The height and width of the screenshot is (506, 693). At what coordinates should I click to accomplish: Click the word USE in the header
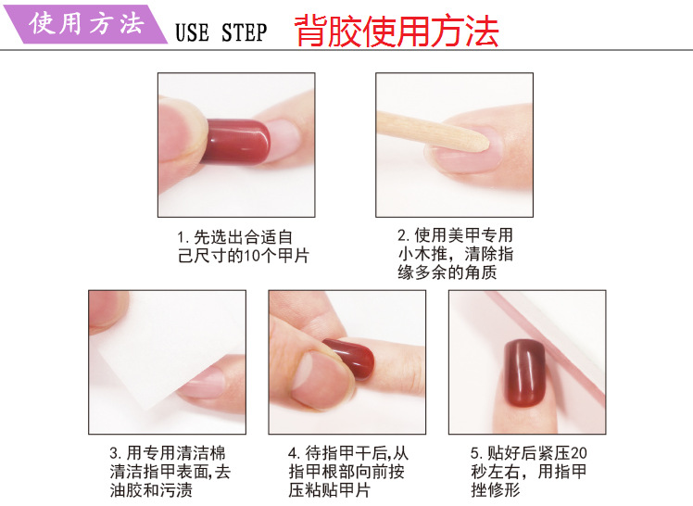coord(194,33)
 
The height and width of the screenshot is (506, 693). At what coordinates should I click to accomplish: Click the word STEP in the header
coord(244,33)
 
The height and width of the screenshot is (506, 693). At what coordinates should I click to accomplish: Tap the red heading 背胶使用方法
coord(397,32)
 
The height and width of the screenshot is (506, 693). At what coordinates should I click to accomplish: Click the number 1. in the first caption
coord(183,237)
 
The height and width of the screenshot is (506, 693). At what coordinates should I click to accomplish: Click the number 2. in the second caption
coord(403,235)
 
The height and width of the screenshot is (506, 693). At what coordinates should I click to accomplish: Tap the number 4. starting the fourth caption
coord(294,454)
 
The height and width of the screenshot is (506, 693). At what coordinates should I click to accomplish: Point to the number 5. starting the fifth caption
coord(475,454)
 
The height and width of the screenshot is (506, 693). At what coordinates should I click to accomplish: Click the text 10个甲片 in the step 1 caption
coord(275,256)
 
